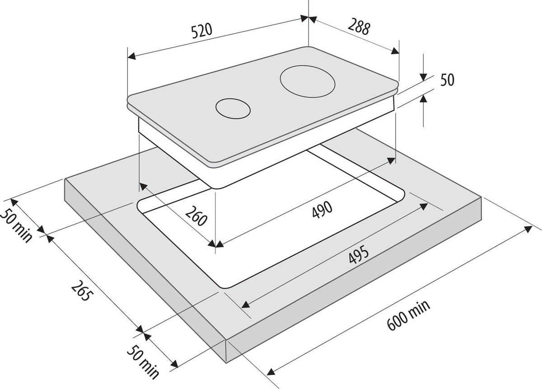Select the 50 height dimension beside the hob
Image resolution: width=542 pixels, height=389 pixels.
447,80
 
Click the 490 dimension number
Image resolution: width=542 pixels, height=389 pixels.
322,209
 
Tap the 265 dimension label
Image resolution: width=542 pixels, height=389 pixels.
82,291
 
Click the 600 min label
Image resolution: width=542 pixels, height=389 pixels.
409,316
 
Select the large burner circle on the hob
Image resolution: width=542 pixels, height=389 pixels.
308,81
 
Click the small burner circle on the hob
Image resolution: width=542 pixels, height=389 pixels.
233,108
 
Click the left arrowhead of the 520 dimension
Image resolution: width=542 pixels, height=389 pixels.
131,56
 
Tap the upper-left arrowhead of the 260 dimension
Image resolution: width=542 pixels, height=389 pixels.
143,186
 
